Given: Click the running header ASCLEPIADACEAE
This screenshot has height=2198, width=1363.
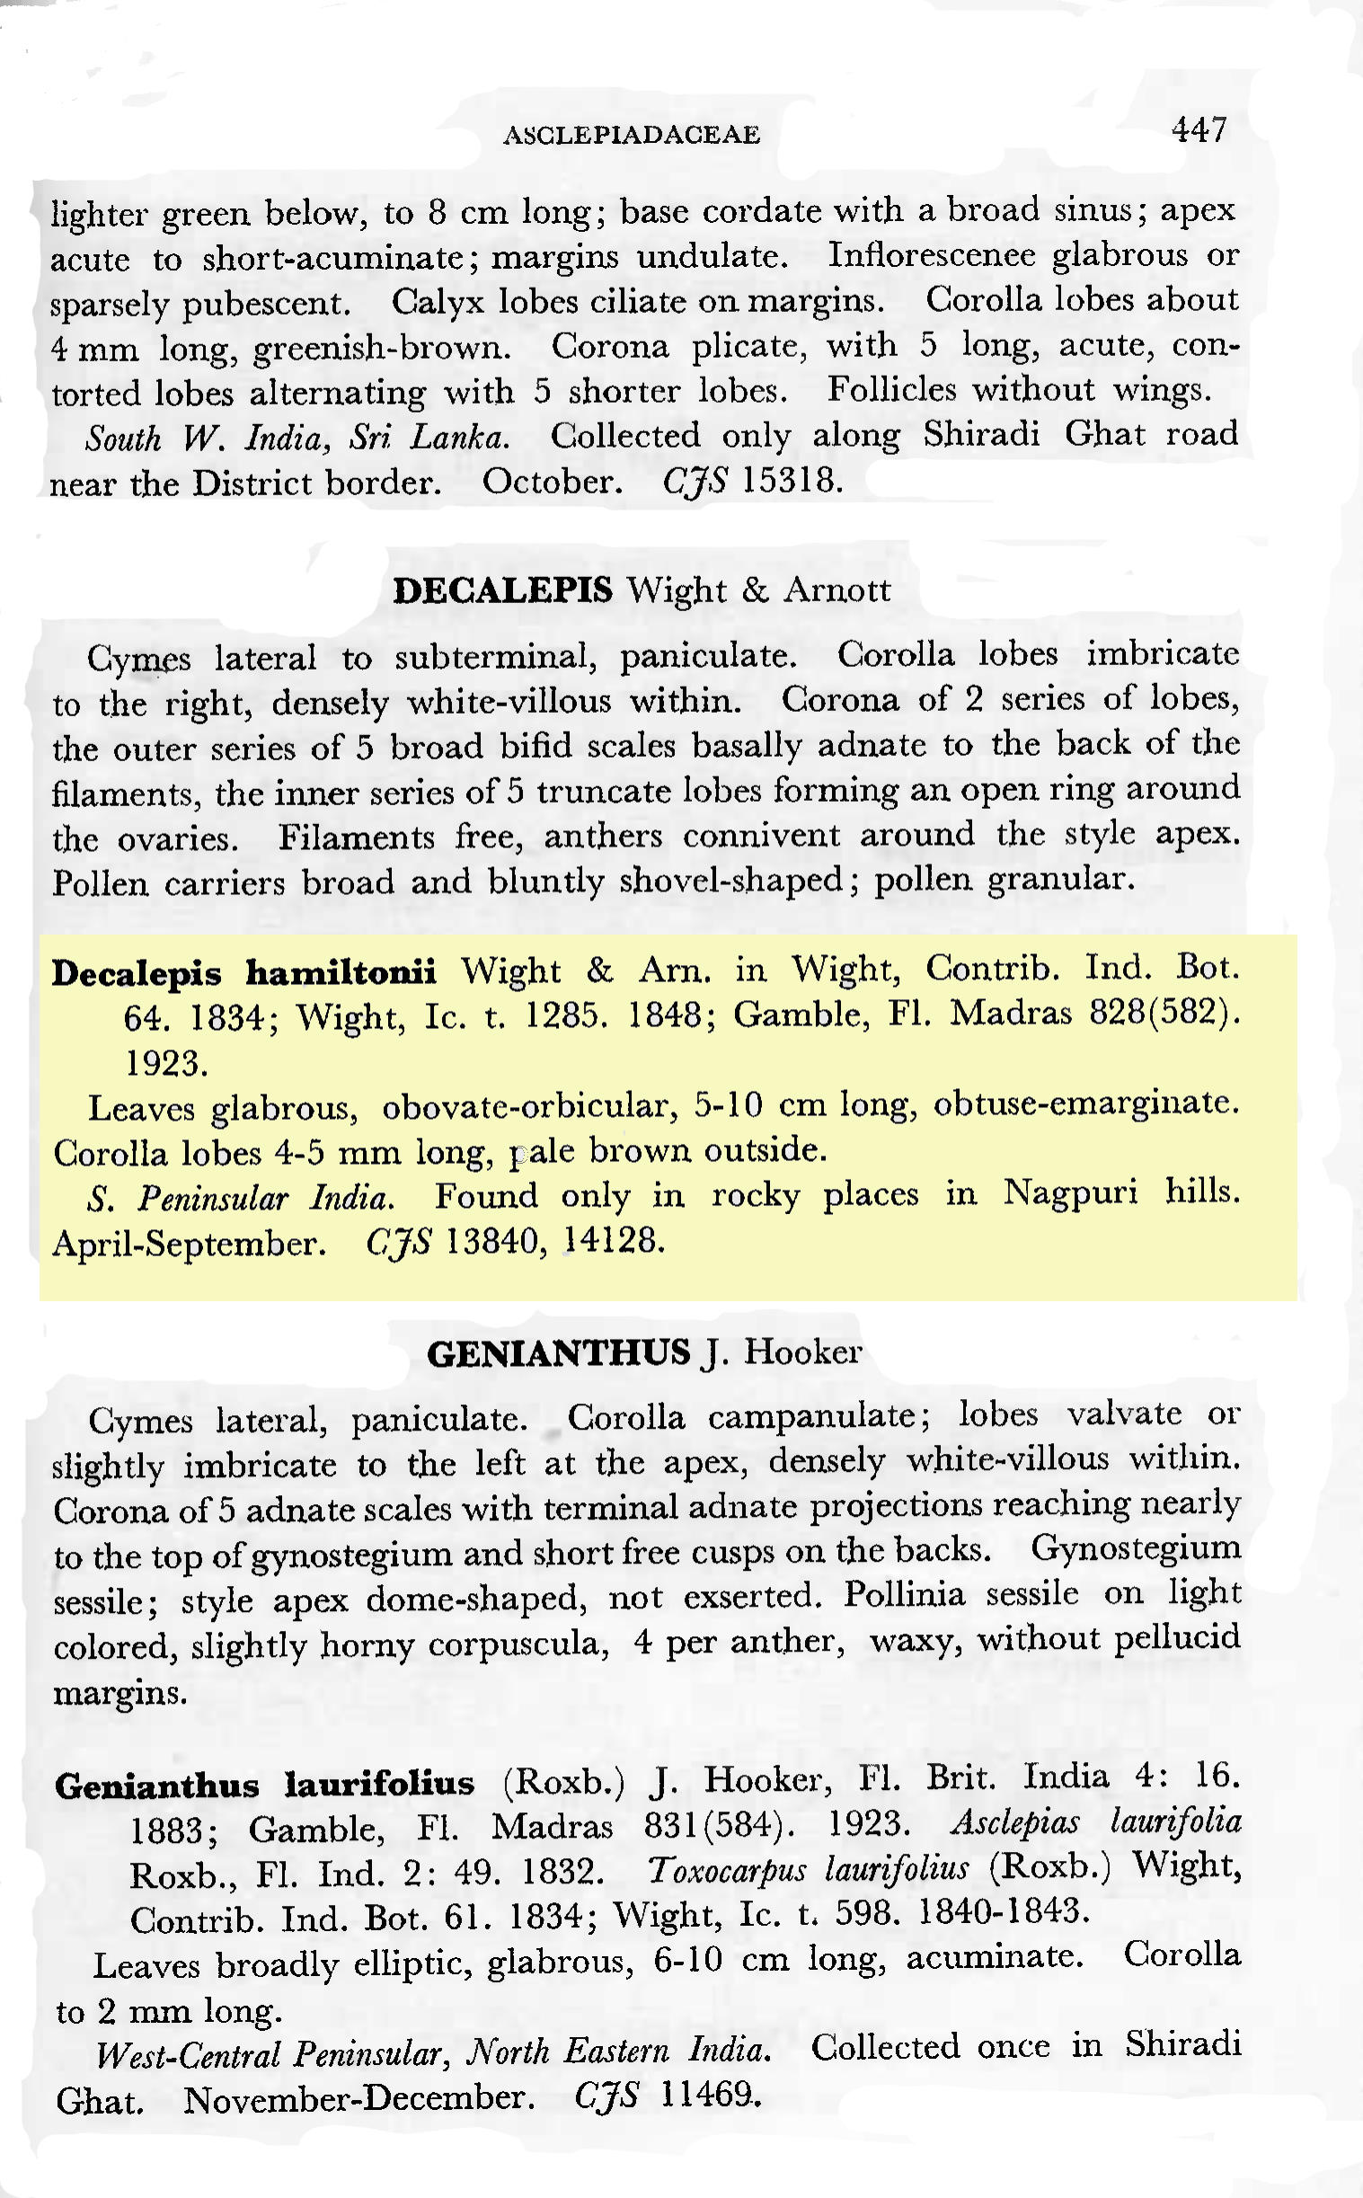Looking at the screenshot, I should tap(632, 135).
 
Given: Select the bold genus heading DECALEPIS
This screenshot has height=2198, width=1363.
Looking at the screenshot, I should tap(503, 590).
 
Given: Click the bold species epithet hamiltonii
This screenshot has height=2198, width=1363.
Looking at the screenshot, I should tap(341, 972).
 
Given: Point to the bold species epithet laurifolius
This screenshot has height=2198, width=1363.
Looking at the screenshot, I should tap(379, 1783).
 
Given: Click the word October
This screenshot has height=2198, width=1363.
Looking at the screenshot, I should tap(552, 482).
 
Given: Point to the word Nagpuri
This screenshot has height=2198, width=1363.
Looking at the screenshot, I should tap(1070, 1194).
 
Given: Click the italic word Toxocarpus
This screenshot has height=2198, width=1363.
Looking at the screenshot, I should tap(718, 1869).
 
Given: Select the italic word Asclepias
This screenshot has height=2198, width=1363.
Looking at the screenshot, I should tap(1015, 1823).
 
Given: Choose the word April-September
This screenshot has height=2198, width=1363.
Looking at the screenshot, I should tap(189, 1245).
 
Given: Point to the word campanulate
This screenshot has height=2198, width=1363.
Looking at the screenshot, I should tap(819, 1416).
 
